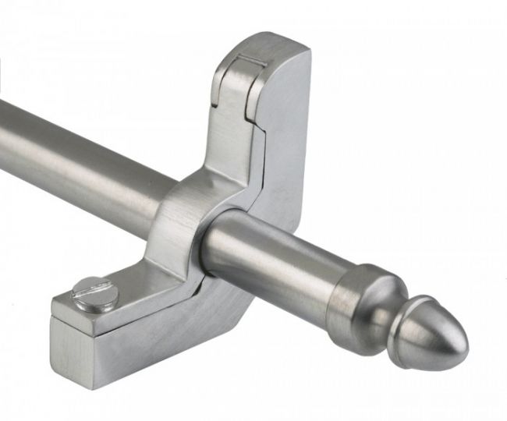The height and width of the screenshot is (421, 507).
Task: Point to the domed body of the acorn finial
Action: (x=437, y=335)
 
